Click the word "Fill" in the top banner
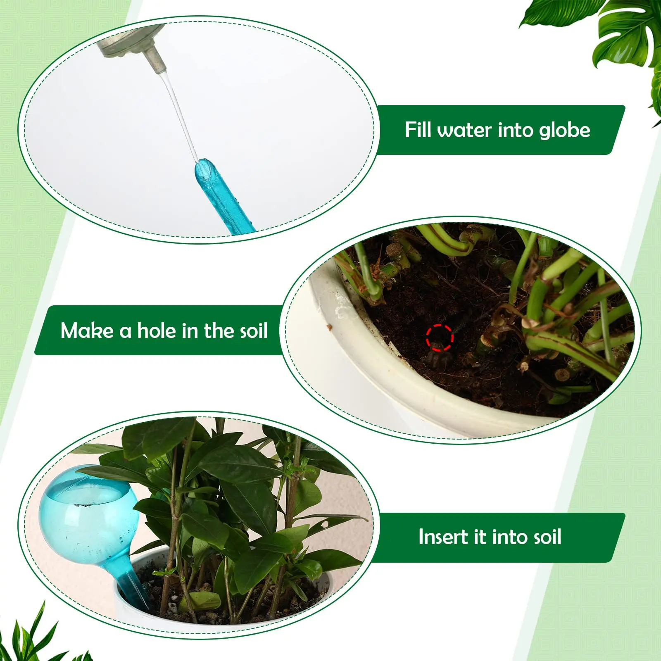[418, 130]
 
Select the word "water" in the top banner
[465, 131]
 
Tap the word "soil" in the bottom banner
[544, 537]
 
